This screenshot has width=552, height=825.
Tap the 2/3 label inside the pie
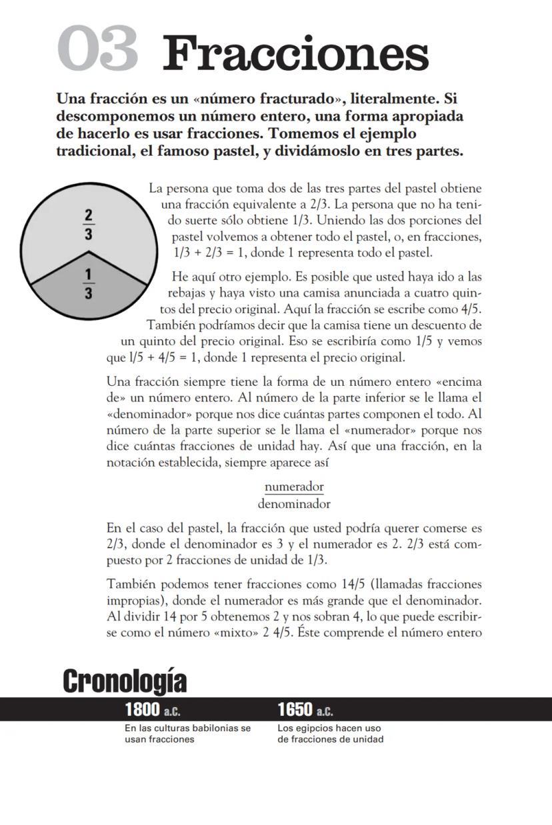[89, 225]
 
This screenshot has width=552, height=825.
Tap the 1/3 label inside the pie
[89, 285]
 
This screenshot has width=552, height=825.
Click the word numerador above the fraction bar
[294, 486]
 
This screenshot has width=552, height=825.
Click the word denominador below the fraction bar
[294, 504]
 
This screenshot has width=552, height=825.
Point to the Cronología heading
[125, 681]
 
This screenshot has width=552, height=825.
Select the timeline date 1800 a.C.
[153, 710]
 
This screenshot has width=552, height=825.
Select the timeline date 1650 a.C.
[305, 710]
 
